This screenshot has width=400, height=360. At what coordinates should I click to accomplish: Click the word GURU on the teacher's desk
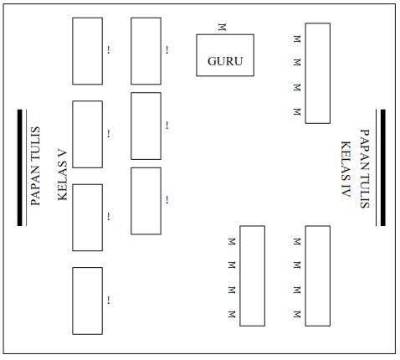[224, 61]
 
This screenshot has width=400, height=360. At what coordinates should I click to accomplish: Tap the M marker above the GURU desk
[222, 27]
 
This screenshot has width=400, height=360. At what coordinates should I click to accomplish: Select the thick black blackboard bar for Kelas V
[20, 167]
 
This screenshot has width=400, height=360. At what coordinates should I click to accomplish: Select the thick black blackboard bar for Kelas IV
[382, 167]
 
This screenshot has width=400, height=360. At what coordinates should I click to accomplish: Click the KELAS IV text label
[345, 167]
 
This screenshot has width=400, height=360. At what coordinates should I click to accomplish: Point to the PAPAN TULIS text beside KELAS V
[36, 166]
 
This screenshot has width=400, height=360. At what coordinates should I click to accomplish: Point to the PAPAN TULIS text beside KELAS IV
[364, 167]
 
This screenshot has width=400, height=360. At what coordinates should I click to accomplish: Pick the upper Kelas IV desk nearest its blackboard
[317, 73]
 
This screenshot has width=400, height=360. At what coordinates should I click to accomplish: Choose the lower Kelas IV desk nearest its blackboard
[317, 275]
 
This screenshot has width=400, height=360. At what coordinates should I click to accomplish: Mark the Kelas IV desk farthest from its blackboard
[252, 275]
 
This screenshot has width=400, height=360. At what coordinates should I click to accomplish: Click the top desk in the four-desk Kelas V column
[87, 51]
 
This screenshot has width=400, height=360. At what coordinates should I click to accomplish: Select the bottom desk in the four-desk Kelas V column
[87, 301]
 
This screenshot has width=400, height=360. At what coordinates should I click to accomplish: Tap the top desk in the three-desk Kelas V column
[146, 51]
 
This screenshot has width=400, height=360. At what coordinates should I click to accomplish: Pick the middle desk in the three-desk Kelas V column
[146, 126]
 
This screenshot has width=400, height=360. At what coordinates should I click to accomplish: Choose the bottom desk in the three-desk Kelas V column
[146, 201]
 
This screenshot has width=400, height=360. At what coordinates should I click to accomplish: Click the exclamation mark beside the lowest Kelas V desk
[109, 300]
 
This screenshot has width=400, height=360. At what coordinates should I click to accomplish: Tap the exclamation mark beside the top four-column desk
[109, 51]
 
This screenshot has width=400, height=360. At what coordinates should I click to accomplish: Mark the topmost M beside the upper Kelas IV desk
[297, 39]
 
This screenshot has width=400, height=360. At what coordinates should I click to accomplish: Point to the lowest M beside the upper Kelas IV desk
[297, 111]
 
